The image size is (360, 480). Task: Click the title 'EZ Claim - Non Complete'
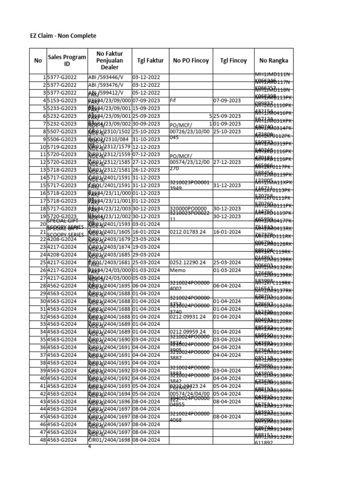pos(63,36)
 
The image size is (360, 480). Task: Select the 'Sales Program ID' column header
pos(67,60)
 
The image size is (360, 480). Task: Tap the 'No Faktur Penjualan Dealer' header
pos(109,60)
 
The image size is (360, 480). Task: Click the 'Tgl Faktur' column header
pos(150,60)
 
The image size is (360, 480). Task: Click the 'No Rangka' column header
pos(273,60)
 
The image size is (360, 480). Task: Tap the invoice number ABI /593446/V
pos(106,77)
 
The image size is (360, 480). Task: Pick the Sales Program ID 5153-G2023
pos(62,100)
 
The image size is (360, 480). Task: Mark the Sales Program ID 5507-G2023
pos(62,131)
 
